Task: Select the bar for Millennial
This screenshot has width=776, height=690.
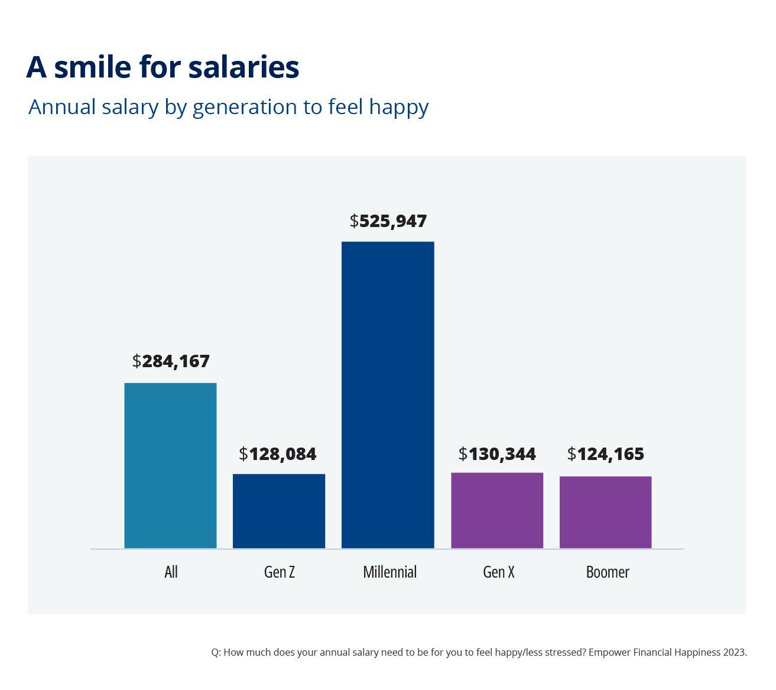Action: click(x=388, y=394)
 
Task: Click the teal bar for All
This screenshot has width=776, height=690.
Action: click(x=170, y=465)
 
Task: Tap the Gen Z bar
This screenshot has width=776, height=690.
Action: click(x=279, y=511)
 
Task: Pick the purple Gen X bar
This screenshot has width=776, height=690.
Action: click(x=497, y=510)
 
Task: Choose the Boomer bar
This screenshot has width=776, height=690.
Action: click(x=605, y=512)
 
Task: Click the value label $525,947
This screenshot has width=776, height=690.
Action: click(x=388, y=221)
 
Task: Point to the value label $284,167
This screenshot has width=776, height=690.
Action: click(x=171, y=361)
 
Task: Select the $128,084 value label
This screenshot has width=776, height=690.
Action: click(x=278, y=454)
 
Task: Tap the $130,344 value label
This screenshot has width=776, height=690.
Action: click(x=497, y=454)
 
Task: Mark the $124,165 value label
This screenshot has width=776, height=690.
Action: click(x=605, y=454)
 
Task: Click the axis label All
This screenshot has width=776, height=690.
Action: click(x=171, y=572)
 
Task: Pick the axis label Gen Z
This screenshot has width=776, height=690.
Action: click(x=279, y=572)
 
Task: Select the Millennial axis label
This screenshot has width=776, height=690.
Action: click(x=389, y=572)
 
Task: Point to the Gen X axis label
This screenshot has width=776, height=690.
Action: click(x=498, y=572)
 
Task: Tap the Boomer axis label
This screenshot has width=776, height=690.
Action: click(x=608, y=572)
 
